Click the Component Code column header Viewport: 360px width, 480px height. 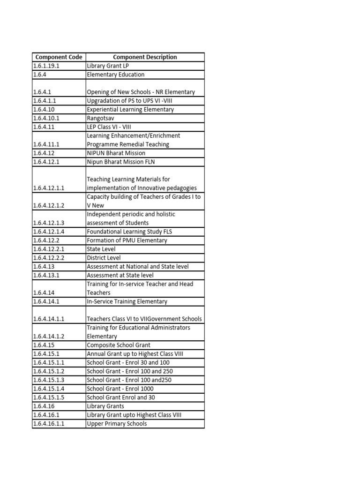tap(59, 57)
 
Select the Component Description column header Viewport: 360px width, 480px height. tap(145, 57)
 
